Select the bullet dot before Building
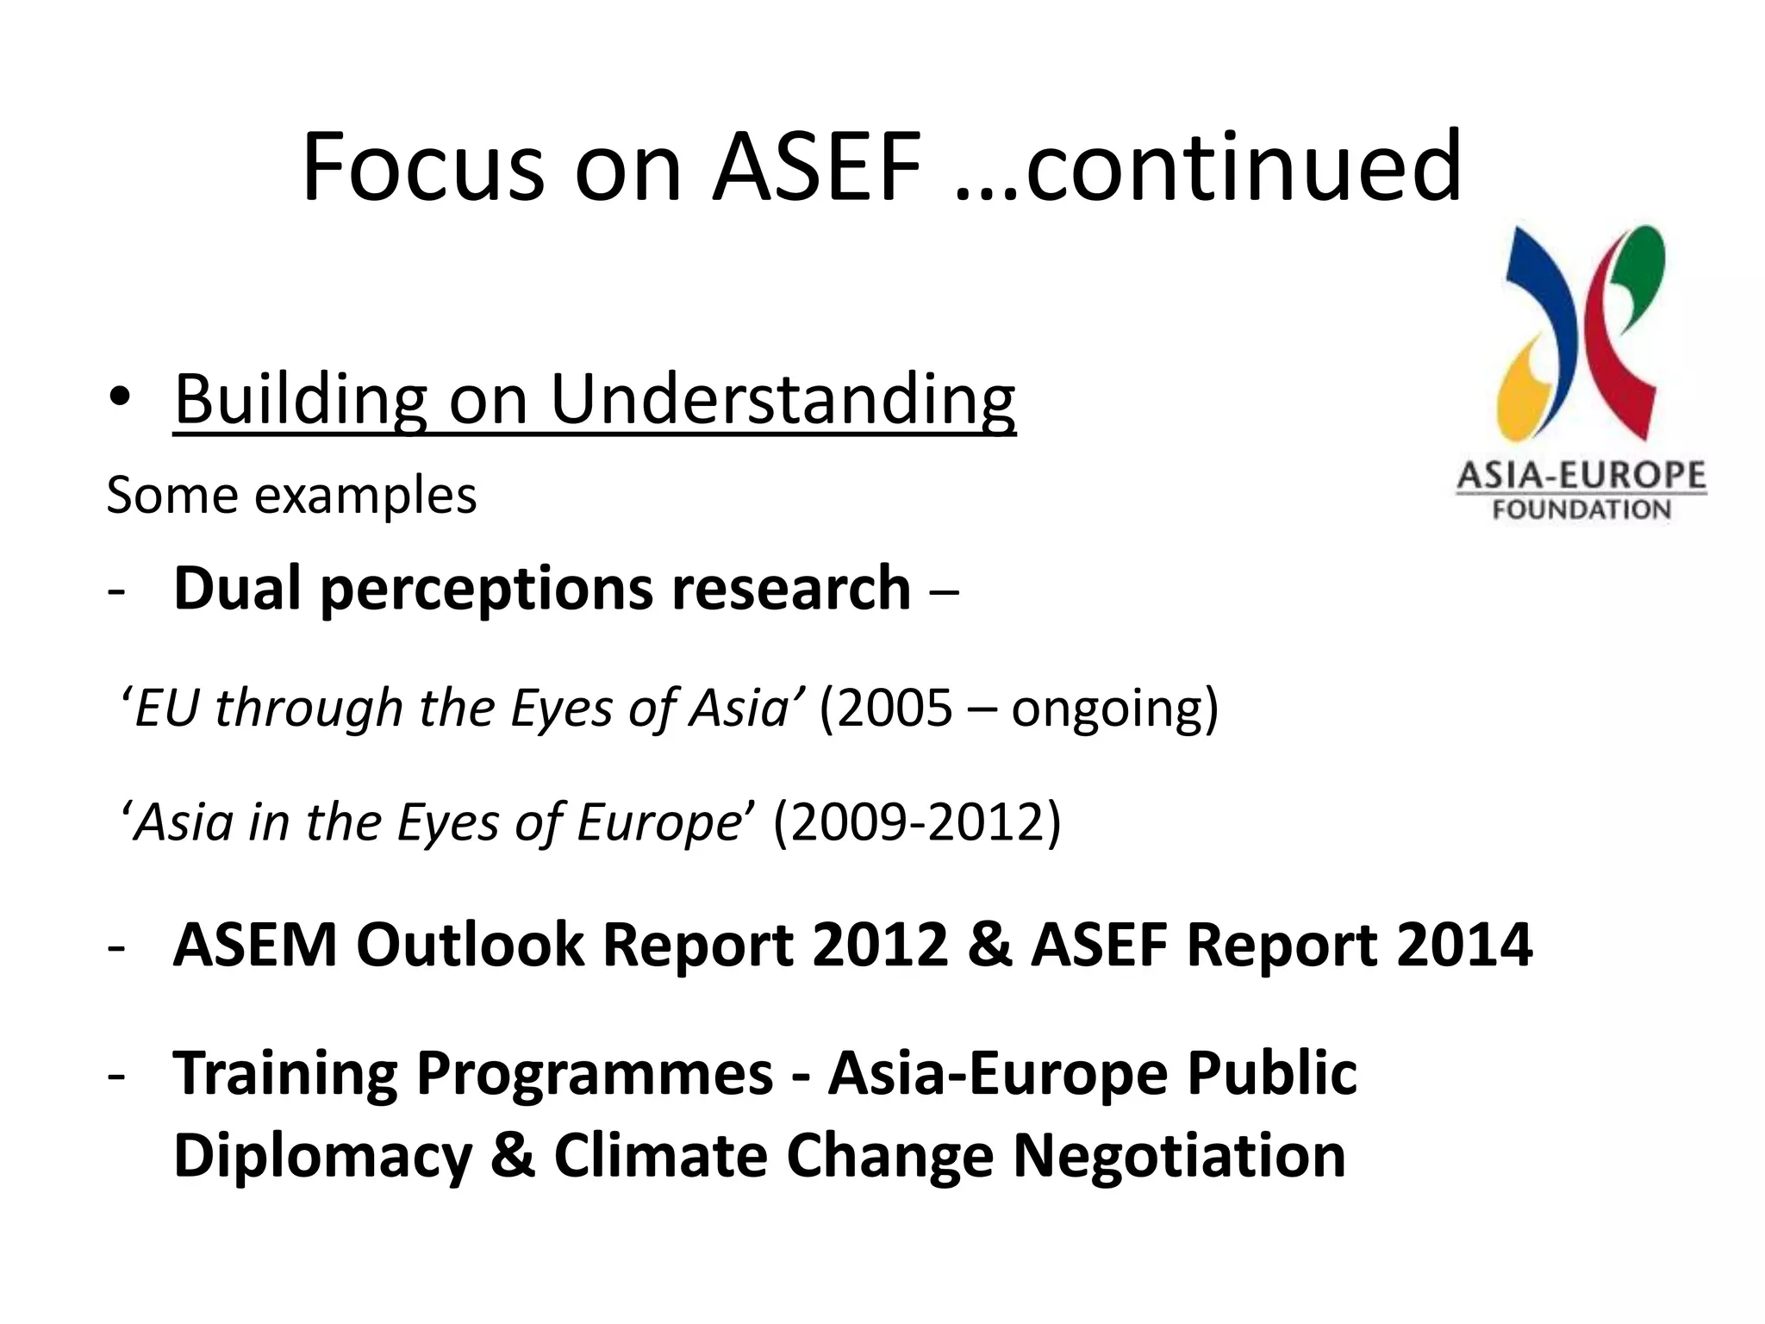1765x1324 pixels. pos(121,397)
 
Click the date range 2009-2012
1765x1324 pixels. pos(917,822)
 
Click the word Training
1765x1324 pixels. pos(285,1074)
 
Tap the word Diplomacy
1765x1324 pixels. pos(322,1156)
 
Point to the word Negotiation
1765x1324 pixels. pos(1178,1156)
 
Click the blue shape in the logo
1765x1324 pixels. pos(1543,319)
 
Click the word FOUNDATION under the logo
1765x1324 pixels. pos(1581,510)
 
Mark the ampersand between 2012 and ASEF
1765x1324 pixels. pos(989,945)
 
